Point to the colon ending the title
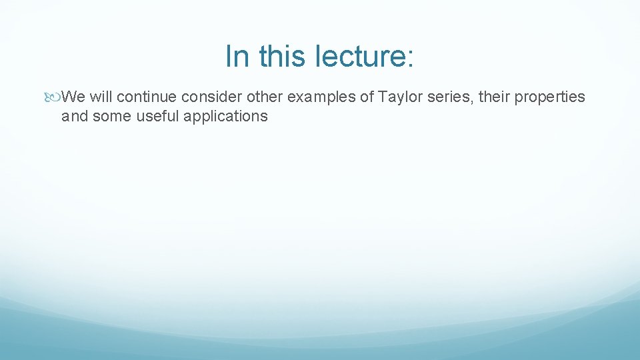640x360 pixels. click(x=409, y=59)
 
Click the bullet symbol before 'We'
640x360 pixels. click(x=54, y=97)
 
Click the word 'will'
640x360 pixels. click(x=101, y=97)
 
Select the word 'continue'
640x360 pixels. click(x=147, y=97)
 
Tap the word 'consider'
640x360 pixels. click(x=211, y=97)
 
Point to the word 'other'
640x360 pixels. click(x=265, y=97)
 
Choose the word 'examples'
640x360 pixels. click(x=321, y=97)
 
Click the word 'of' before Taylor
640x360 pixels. click(x=367, y=97)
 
